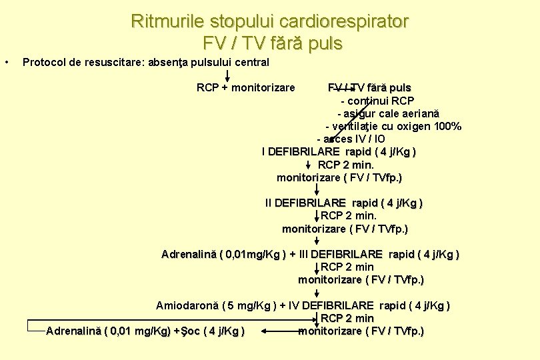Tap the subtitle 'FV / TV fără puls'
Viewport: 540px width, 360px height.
(272, 44)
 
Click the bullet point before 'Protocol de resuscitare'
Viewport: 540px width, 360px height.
(6, 63)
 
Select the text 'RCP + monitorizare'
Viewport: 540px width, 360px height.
(246, 87)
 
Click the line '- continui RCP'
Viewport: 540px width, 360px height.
(377, 101)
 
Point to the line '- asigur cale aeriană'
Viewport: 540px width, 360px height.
(388, 114)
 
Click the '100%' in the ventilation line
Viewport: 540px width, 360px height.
(446, 127)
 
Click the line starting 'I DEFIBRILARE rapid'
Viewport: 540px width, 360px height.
(339, 152)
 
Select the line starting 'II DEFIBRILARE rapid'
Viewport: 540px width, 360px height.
(344, 203)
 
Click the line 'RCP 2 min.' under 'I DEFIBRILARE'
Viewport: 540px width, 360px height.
(346, 165)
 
